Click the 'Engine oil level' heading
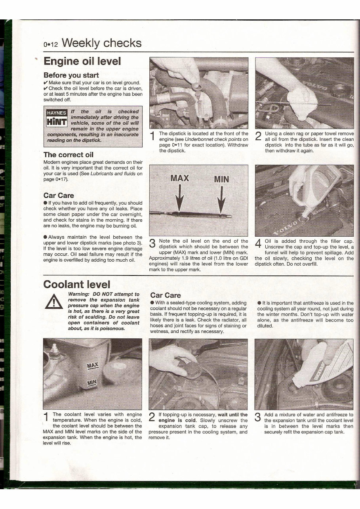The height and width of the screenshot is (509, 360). click(x=82, y=62)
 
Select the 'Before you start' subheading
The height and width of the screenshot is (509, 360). click(x=71, y=75)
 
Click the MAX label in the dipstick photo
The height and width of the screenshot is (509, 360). click(x=179, y=178)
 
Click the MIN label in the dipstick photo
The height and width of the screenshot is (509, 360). click(x=221, y=179)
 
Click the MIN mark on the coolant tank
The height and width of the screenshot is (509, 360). click(x=92, y=382)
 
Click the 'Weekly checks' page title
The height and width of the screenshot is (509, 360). click(x=101, y=43)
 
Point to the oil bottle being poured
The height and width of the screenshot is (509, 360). click(x=317, y=186)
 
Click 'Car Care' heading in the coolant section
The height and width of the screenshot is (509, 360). click(x=165, y=295)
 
